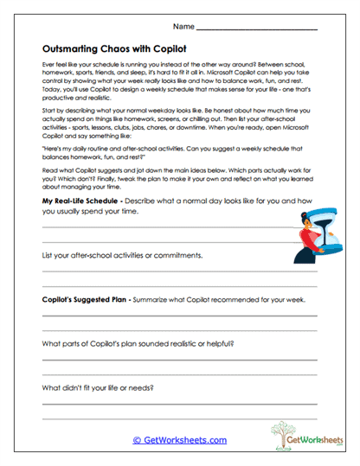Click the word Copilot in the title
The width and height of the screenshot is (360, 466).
coord(180,50)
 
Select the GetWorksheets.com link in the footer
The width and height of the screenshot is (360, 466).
coord(180,439)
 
